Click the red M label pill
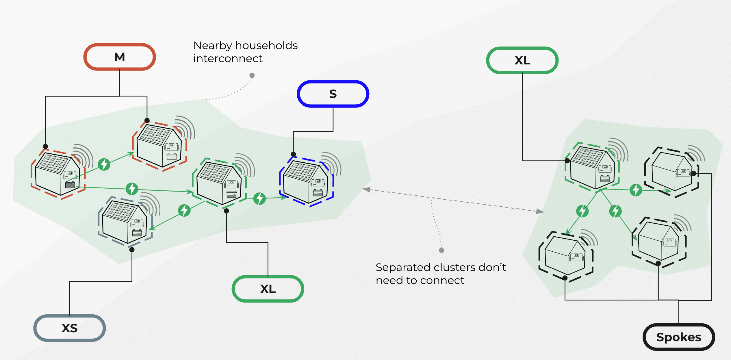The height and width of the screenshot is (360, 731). pos(120,57)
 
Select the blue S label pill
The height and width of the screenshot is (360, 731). pos(333,94)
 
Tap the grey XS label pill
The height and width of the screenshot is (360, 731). pos(70,328)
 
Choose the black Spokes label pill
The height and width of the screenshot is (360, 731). pos(679,337)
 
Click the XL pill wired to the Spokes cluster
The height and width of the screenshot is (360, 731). pos(522,60)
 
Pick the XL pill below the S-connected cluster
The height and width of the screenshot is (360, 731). pos(268,289)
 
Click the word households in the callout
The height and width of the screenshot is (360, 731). pos(266,46)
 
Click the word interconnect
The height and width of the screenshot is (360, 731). pos(228,59)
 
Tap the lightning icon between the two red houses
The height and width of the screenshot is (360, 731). pos(104,164)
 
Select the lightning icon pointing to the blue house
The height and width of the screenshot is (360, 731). pos(259,198)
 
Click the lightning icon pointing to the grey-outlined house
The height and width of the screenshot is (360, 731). pos(184,210)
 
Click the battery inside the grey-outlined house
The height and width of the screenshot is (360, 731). pos(137,233)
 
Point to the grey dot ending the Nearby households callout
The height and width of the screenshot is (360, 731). pos(252,75)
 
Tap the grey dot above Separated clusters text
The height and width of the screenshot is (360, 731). pos(441,250)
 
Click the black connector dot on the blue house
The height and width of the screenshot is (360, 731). pos(293,154)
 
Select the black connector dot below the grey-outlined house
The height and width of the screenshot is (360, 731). pos(132,250)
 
